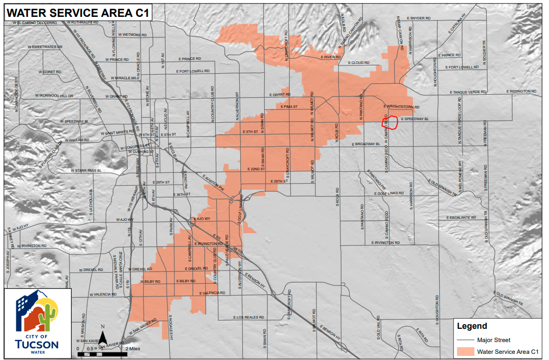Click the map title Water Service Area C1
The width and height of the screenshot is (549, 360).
77,13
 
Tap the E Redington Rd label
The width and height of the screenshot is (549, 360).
521,92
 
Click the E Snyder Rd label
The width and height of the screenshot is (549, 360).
420,18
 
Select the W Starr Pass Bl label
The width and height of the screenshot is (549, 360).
85,170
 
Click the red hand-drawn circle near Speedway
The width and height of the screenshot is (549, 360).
391,122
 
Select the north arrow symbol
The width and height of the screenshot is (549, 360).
103,337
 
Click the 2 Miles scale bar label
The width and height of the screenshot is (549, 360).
133,348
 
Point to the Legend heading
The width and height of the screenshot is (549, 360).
472,326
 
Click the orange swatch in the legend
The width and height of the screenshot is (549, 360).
465,351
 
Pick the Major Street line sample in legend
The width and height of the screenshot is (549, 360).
465,340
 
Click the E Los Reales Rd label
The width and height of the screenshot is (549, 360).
249,318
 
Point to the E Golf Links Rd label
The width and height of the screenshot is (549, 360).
391,194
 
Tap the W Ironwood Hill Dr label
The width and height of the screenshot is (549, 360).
55,96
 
